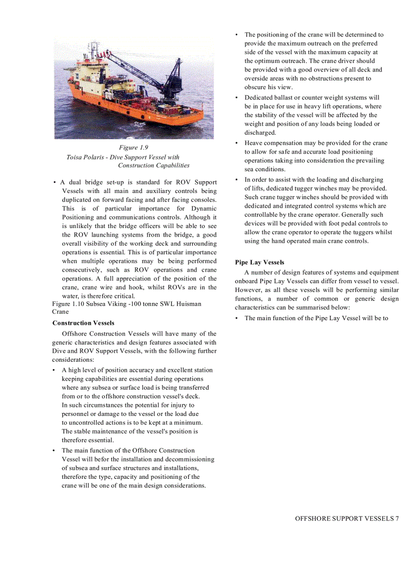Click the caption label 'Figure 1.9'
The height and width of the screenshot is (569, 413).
coord(134,147)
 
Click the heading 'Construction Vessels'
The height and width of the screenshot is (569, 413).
coord(83,323)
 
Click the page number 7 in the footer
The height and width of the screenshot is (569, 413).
coord(397,518)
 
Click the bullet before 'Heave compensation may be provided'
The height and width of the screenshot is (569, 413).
coord(236,143)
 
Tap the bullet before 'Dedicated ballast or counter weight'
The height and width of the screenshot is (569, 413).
coord(236,97)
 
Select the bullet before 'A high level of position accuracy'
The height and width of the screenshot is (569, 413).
coord(54,370)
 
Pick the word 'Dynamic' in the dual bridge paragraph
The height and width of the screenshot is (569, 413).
coord(203,208)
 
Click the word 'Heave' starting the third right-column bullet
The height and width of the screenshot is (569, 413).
coord(253,143)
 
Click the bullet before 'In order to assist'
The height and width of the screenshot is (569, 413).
coord(236,179)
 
